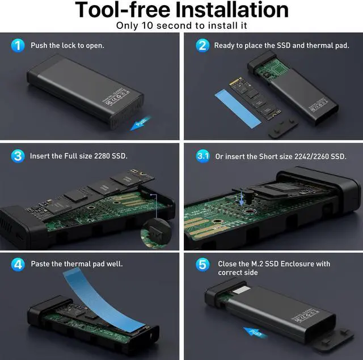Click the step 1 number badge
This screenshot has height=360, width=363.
(x=19, y=45)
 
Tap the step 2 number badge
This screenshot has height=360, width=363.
(x=202, y=45)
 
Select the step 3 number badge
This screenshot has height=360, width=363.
(x=19, y=155)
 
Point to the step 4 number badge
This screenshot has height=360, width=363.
(x=19, y=264)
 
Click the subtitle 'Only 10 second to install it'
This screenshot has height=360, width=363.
(x=181, y=26)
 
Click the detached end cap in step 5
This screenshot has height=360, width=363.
(x=335, y=334)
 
